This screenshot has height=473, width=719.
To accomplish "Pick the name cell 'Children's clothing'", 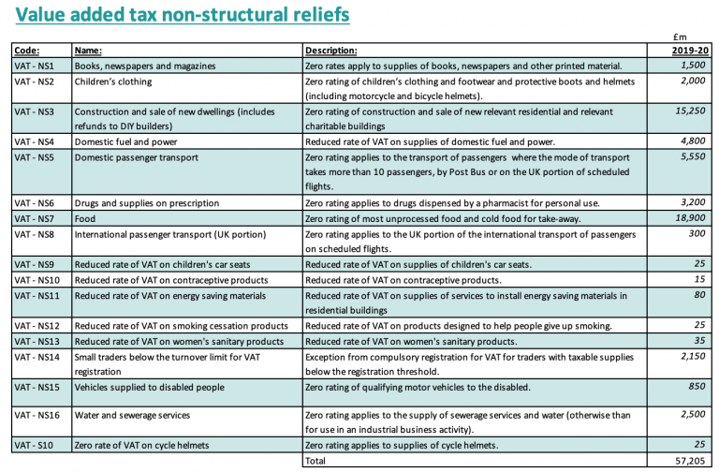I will click(114, 81).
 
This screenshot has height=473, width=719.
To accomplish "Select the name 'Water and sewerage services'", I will click(133, 415).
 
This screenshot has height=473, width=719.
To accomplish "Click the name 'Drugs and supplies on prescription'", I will click(147, 202).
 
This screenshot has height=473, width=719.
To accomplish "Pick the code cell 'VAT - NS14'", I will click(38, 356).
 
